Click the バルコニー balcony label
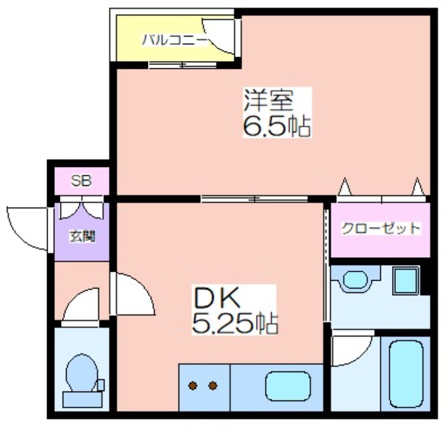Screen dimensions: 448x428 point(175,40)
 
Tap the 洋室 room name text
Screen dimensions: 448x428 point(269,100)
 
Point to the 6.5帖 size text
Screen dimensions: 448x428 point(277,126)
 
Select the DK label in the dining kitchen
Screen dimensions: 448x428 point(217,297)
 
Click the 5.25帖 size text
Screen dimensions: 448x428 point(235,323)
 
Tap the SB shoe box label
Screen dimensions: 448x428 point(81,181)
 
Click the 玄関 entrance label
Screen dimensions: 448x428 point(82,236)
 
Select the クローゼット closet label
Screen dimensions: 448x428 point(381,229)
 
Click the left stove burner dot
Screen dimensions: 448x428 point(193,385)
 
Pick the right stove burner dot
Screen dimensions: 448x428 point(213,385)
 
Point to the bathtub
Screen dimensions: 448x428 point(406,374)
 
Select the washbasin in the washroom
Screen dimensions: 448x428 point(355,280)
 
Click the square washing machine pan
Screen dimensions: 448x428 point(405,281)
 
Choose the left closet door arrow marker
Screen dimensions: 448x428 point(345,186)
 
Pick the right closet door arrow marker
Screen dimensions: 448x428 point(418,186)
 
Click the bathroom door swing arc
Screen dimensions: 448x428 point(361,357)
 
